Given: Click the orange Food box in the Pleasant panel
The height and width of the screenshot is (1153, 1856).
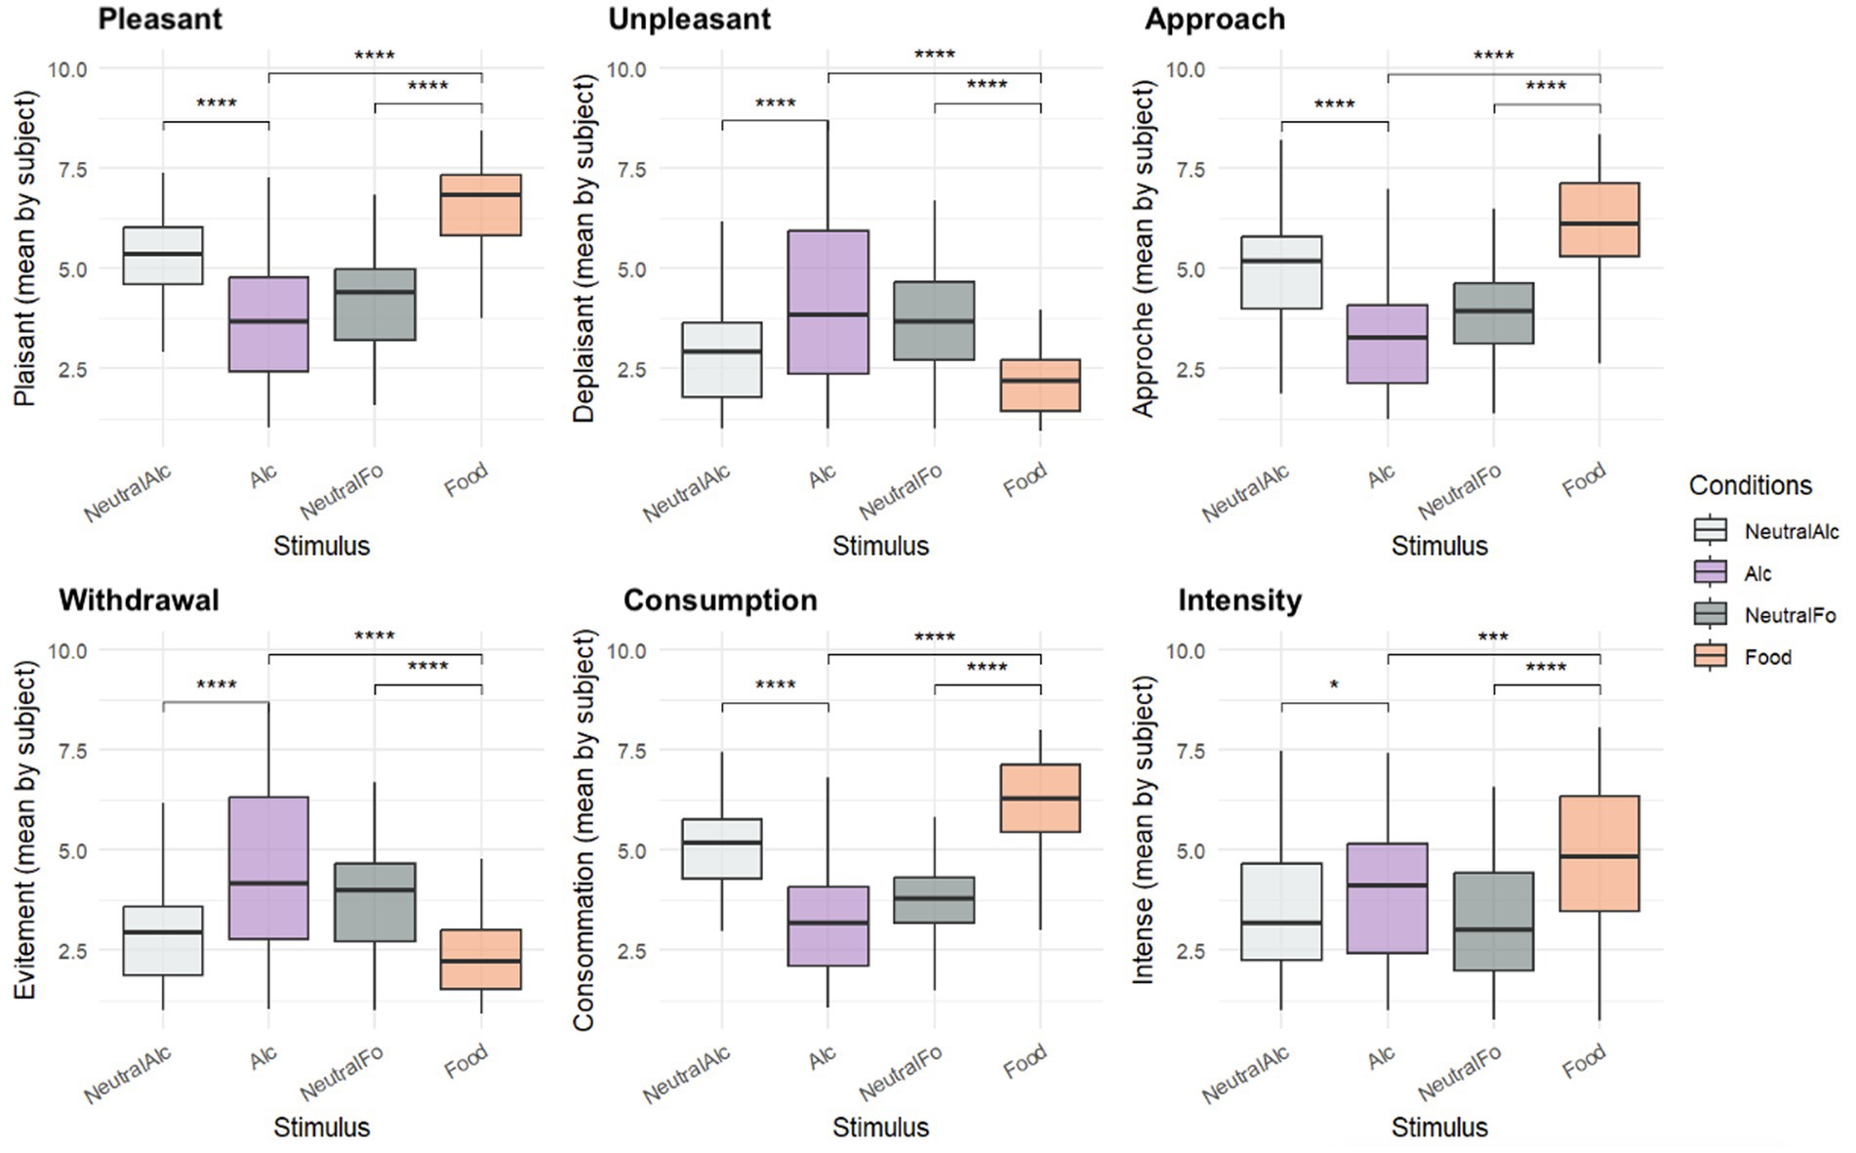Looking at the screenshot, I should coord(481,205).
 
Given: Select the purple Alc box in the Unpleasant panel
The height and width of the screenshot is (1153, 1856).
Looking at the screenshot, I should coord(828,302).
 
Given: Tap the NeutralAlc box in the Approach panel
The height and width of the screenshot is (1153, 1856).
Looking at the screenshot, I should coord(1281,272).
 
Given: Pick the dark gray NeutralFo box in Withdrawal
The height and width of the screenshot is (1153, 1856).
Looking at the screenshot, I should coord(375,902).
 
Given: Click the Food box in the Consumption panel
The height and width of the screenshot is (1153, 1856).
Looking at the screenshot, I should coord(1040,798).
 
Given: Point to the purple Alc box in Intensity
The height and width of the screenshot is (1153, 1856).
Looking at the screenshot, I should coord(1388,898).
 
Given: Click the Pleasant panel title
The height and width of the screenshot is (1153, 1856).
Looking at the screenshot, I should coord(160,19).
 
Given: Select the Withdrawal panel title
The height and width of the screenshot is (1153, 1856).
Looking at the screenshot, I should coord(139,599).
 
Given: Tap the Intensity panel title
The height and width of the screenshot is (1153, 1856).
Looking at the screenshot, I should coord(1239,599).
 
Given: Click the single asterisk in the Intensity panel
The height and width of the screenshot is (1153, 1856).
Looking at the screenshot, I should coord(1334,686).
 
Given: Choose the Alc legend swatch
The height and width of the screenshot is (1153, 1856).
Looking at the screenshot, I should coord(1711,573).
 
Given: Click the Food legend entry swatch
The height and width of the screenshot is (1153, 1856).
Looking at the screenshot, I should coord(1711,657).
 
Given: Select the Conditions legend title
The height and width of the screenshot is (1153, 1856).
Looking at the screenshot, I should coord(1750,485).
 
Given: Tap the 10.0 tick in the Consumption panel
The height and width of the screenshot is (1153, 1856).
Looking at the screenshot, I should coord(626,650).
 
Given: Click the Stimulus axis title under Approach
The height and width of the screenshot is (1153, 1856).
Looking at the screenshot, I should coord(1439,546).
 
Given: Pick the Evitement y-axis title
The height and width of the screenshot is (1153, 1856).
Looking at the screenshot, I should coord(25,830).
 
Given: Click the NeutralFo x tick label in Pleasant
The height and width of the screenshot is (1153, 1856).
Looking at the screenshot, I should coord(342,492).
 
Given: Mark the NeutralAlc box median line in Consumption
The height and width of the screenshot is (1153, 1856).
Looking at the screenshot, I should coord(722,842).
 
